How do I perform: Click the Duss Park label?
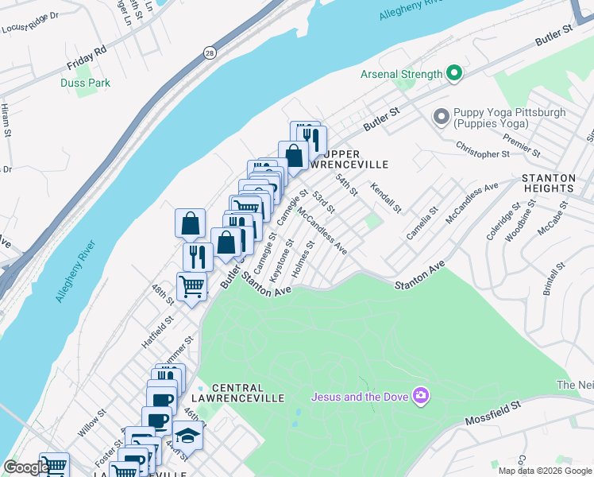tap(85, 83)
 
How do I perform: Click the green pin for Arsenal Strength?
tap(454, 75)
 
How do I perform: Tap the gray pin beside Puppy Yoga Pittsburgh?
tap(441, 118)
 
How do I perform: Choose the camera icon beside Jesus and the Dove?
tap(421, 396)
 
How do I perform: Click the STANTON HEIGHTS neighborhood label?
tap(558, 182)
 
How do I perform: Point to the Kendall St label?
tap(385, 196)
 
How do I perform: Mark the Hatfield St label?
tap(158, 330)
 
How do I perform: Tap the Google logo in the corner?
tap(26, 467)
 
